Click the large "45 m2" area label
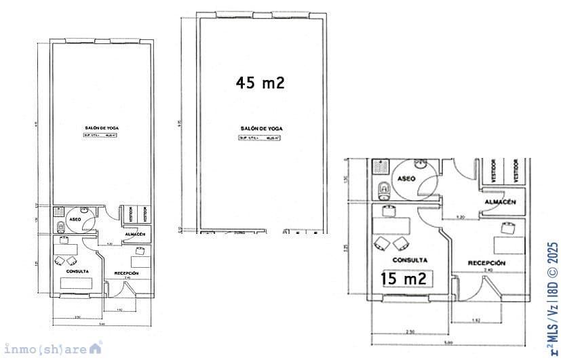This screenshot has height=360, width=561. click(x=260, y=83)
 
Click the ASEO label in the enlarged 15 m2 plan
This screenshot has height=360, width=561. click(x=406, y=178)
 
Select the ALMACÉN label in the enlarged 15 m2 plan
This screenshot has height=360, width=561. click(x=501, y=202)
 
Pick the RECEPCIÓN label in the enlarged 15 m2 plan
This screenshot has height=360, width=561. click(x=486, y=262)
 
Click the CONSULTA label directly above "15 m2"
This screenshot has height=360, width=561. click(x=410, y=260)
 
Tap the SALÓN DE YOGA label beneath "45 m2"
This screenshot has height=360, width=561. click(x=261, y=128)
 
